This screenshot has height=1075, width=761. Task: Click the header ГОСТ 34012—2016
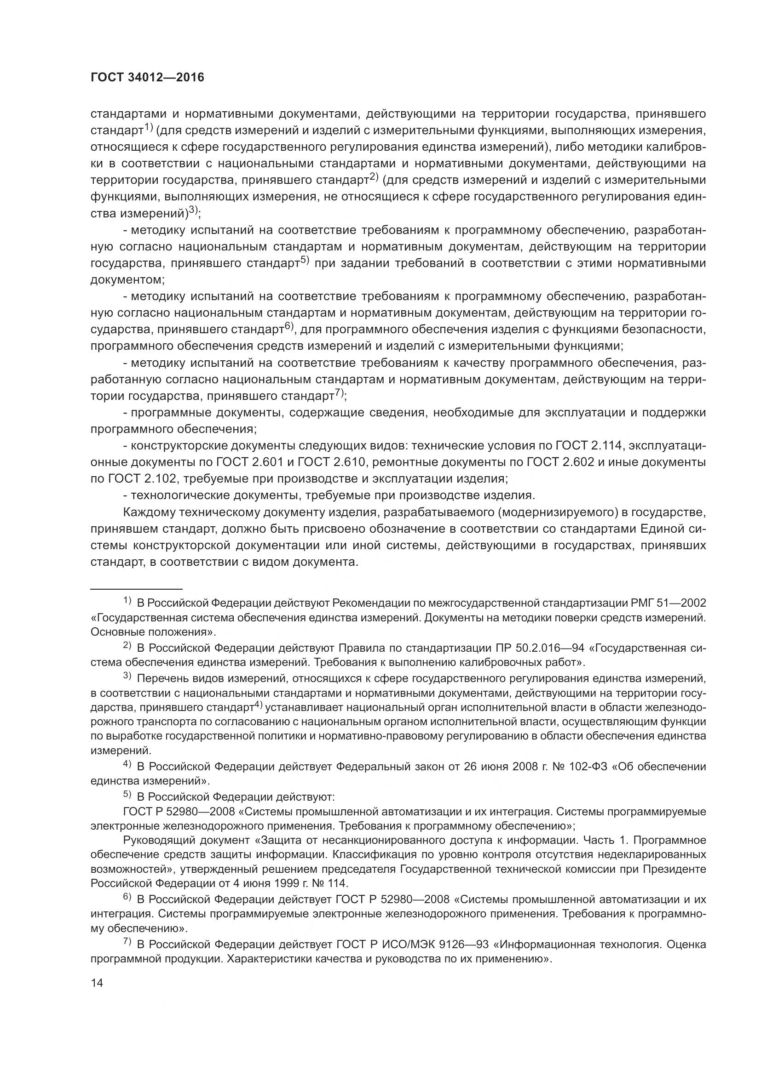point(147,78)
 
